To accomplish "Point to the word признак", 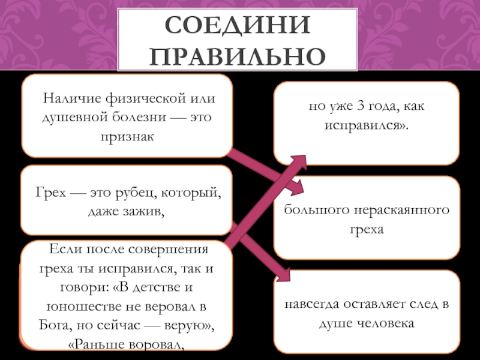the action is coord(127,136).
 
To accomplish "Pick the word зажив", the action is coord(144,211).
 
